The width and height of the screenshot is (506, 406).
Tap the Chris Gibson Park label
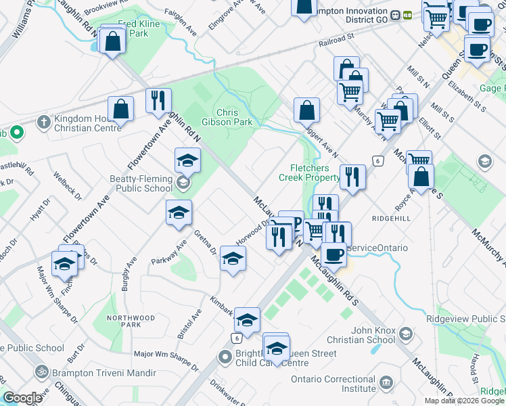[x=234, y=117]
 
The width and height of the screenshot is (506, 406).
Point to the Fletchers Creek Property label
[x=309, y=173]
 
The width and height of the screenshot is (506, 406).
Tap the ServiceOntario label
[x=377, y=248]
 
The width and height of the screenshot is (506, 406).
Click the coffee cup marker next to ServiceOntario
[x=333, y=254]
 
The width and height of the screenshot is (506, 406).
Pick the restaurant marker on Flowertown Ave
[x=158, y=101]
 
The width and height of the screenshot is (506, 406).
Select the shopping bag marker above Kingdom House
[x=120, y=110]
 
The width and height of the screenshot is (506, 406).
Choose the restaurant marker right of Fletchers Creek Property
[x=352, y=177]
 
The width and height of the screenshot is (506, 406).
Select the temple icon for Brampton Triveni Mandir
[x=40, y=372]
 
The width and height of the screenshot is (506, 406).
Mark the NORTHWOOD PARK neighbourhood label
[x=131, y=321]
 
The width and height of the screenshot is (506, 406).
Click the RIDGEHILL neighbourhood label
[x=391, y=219]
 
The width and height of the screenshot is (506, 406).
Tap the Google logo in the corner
[x=22, y=398]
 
